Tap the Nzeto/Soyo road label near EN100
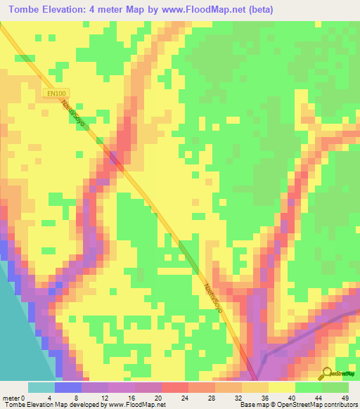[72, 112]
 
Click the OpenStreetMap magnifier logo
[328, 373]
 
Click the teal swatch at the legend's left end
[41, 387]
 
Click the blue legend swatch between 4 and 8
[67, 387]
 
